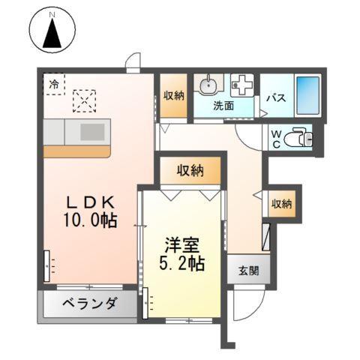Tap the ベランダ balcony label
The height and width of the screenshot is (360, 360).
coord(88,304)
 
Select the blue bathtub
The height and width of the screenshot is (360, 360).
coord(307,94)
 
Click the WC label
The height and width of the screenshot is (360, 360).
coord(276,139)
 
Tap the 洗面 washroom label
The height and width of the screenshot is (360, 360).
coord(223,106)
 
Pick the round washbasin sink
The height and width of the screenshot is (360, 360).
coord(208,84)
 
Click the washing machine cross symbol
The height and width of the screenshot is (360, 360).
coord(241,84)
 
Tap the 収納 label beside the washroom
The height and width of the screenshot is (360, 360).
coord(173,95)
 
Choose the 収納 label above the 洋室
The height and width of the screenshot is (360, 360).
coord(190,171)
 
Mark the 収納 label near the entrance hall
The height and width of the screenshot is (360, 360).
coord(282,203)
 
